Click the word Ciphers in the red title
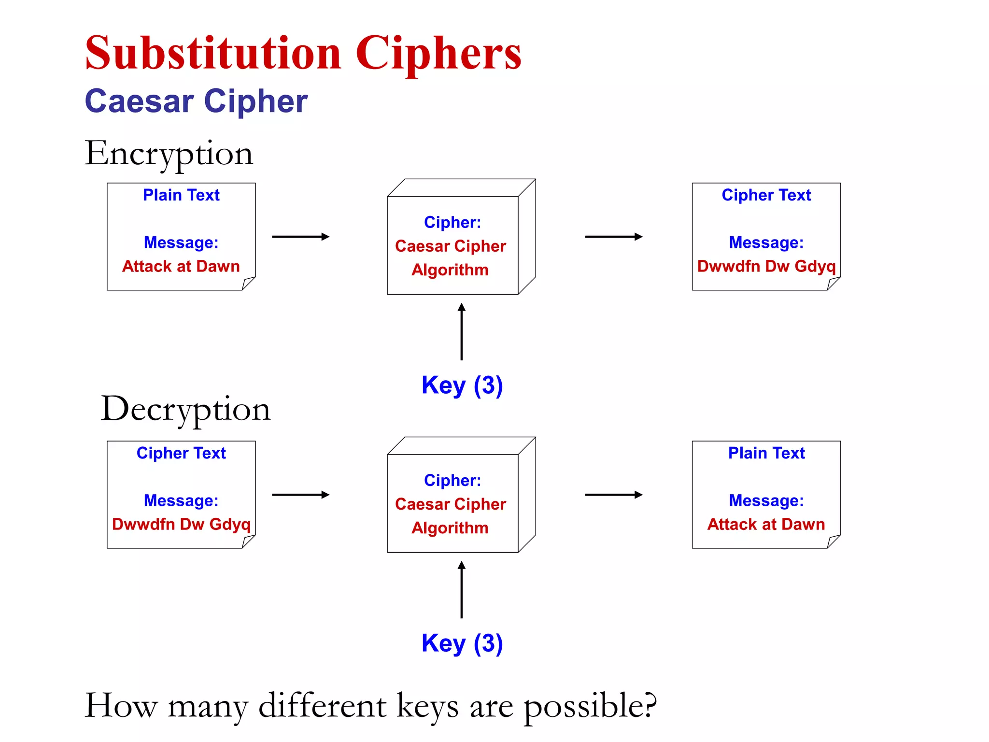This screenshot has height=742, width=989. click(x=438, y=54)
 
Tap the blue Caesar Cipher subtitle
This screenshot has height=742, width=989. click(x=196, y=101)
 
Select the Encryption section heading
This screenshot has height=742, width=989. click(x=169, y=154)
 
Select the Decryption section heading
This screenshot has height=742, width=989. click(x=185, y=409)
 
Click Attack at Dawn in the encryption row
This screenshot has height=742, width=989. click(x=181, y=266)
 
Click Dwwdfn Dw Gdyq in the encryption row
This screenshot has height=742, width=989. click(x=766, y=266)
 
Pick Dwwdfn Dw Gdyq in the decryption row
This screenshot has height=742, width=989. click(x=181, y=524)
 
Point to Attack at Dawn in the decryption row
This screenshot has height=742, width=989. click(x=766, y=524)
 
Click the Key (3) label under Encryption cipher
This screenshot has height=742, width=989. click(x=462, y=385)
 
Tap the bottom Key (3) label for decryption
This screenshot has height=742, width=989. click(x=462, y=643)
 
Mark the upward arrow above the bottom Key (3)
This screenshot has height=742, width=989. click(x=462, y=589)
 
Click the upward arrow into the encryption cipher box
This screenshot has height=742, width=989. click(x=462, y=331)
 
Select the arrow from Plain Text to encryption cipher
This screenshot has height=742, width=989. click(x=300, y=237)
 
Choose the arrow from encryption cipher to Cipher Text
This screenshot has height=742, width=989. click(x=613, y=237)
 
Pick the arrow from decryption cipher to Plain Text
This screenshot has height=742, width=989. click(x=613, y=495)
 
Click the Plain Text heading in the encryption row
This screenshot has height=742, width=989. click(x=181, y=195)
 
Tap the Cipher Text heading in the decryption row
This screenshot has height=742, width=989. click(x=181, y=453)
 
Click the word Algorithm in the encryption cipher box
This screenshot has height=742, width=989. click(x=450, y=270)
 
